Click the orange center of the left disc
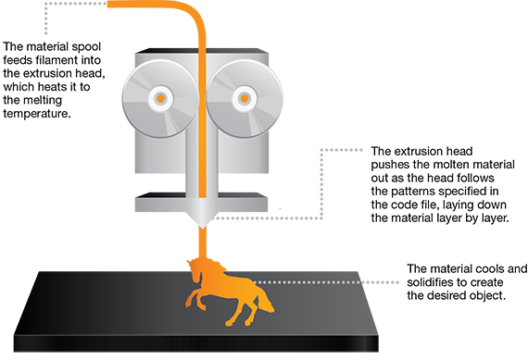tap(161, 97)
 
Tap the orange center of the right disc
tap(245, 97)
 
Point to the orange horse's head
tap(263, 301)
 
